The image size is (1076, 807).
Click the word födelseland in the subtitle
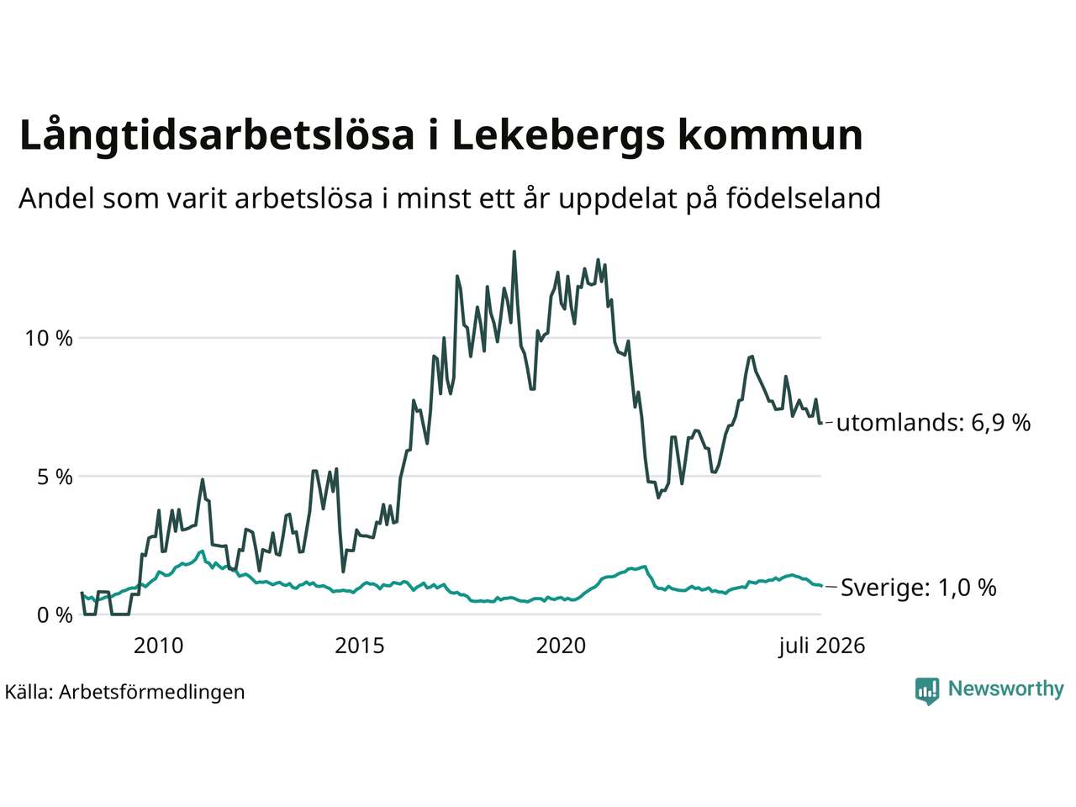(803, 198)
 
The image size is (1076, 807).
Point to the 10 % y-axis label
(49, 339)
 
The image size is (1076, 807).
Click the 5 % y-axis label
(55, 477)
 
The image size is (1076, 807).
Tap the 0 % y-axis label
(55, 615)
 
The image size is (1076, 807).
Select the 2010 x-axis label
(158, 646)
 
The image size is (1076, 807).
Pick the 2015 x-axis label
(359, 646)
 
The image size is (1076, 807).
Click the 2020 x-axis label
(561, 646)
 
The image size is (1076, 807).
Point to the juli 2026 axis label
(822, 646)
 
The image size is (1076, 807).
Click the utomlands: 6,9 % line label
(933, 422)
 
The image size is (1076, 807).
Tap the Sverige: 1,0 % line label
(919, 587)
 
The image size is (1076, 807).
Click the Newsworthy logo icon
(927, 691)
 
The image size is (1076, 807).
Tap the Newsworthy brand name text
(1006, 689)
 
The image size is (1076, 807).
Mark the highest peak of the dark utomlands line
(514, 251)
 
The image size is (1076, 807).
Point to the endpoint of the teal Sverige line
(821, 586)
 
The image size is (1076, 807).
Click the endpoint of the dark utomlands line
(821, 423)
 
